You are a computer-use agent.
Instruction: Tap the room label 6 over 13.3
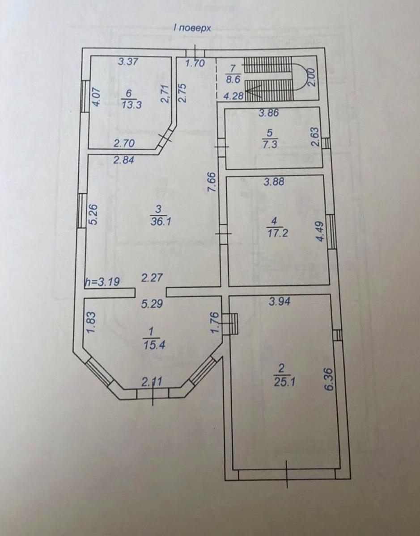(132, 99)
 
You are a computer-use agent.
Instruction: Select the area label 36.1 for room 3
(161, 222)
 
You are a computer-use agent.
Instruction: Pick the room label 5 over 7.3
(270, 138)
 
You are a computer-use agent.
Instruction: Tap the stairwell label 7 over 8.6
(232, 74)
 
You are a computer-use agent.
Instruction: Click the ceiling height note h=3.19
(102, 282)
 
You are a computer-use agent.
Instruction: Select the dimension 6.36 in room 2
(329, 380)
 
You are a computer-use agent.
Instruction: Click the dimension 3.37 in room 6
(127, 61)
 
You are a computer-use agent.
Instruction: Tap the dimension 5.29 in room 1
(152, 304)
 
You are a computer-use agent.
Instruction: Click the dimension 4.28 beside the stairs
(233, 96)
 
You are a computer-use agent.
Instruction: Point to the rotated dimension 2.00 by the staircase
(312, 77)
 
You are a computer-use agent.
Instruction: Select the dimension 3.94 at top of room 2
(279, 301)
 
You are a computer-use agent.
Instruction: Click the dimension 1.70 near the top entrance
(195, 63)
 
